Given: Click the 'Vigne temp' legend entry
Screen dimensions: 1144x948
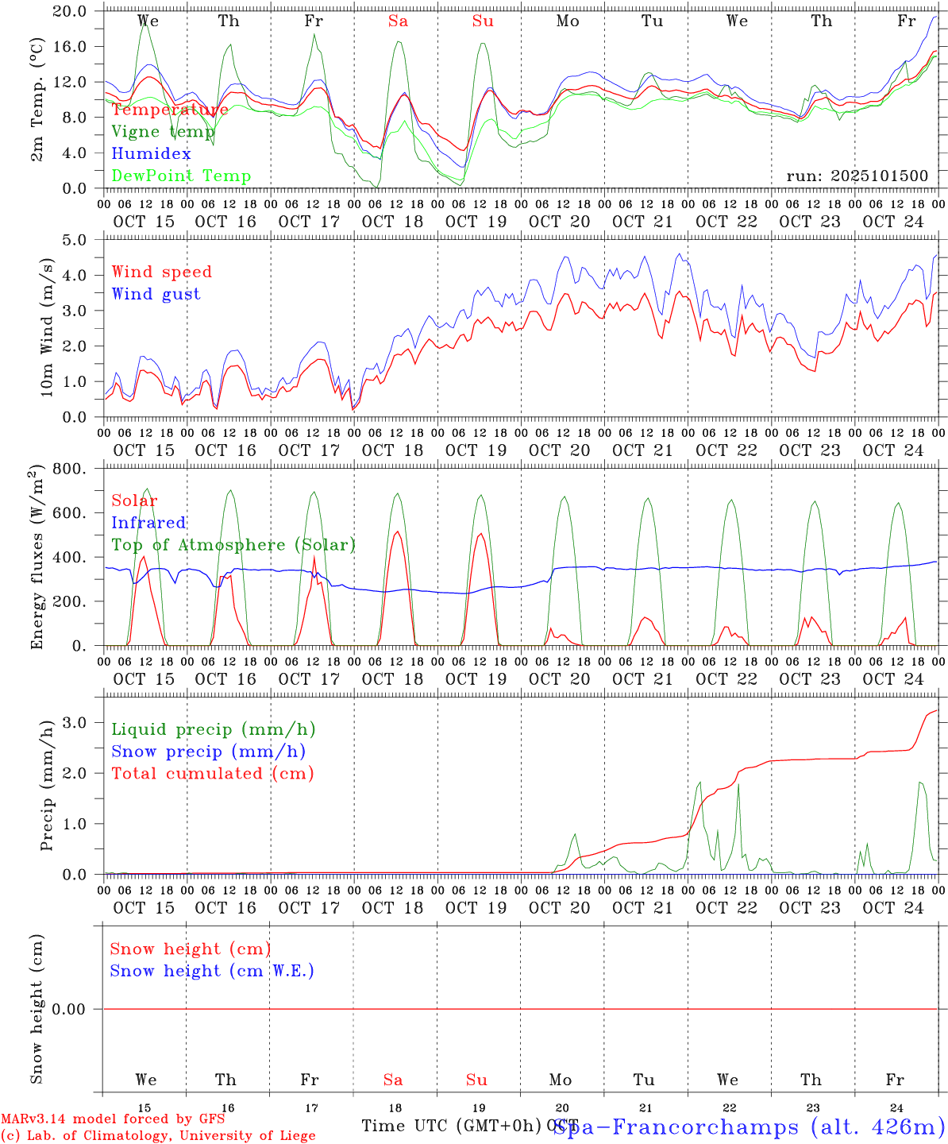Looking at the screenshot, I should coord(163,132).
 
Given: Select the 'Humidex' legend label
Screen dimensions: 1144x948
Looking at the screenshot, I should coord(151,154).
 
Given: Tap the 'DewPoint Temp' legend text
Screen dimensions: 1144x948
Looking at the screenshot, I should coord(181,176).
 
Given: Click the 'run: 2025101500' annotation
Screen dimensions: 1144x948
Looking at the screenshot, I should coord(857,176).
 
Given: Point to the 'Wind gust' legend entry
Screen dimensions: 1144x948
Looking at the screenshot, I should coord(156,294).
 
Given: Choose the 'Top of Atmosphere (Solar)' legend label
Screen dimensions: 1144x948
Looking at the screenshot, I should coord(233,545).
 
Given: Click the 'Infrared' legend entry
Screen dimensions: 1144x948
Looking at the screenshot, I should coord(148,523).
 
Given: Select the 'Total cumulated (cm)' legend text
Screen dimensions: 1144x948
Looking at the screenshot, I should coord(212,774).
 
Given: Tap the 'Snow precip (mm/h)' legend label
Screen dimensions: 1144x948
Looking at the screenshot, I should coord(208,752).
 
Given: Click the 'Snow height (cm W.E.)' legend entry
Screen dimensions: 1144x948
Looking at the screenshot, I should coord(212,971).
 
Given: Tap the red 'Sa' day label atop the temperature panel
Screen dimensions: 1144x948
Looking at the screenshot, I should coord(398,21).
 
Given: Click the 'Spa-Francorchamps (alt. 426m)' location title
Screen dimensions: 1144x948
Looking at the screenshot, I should coord(749,1127).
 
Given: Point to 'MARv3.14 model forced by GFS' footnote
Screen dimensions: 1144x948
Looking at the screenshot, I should coord(113,1119).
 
